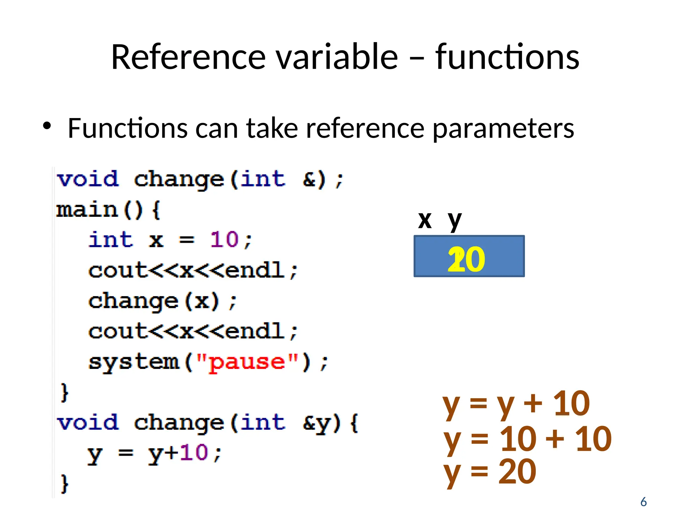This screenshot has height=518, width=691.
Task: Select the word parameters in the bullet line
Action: [503, 128]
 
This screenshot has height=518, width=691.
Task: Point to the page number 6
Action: [643, 502]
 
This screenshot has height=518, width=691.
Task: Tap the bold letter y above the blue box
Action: [454, 221]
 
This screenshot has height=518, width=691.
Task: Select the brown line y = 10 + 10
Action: [527, 439]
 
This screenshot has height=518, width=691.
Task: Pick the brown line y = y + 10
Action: [516, 403]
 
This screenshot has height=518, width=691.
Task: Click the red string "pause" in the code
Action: [247, 363]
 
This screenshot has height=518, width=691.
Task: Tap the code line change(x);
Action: [163, 301]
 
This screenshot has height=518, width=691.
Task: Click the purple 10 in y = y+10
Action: [194, 453]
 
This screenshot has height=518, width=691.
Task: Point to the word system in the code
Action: [133, 363]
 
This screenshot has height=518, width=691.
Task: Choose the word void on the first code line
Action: [88, 179]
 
